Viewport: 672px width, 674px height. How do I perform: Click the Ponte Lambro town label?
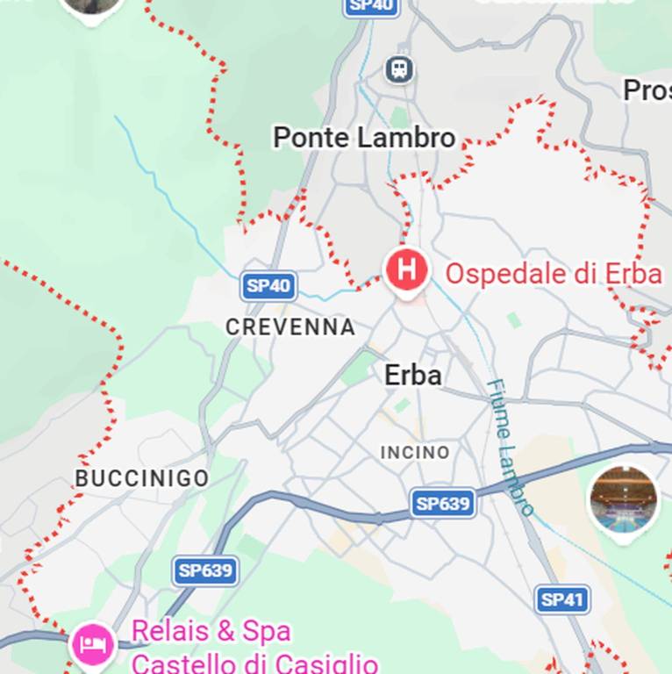[364, 138]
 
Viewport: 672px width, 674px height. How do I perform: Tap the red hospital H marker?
[406, 269]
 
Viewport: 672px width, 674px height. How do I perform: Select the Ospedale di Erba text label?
[553, 274]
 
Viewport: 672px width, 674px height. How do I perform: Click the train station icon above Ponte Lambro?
[400, 68]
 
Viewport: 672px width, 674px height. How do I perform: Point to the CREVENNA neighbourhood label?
[290, 327]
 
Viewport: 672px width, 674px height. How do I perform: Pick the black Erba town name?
[413, 375]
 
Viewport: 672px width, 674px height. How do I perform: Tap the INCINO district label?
[415, 453]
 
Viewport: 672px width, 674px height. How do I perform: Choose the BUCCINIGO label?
[142, 478]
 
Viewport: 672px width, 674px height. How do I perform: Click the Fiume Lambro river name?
[510, 447]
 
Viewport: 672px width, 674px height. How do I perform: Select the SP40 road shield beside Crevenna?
[268, 285]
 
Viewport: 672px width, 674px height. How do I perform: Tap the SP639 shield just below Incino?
[444, 504]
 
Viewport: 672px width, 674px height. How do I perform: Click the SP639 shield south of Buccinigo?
[205, 571]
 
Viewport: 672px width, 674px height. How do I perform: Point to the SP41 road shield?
[561, 599]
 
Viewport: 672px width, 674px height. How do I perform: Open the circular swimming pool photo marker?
[623, 500]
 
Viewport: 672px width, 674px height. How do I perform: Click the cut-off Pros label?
[647, 90]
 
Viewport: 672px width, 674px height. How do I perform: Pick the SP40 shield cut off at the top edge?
[371, 6]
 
